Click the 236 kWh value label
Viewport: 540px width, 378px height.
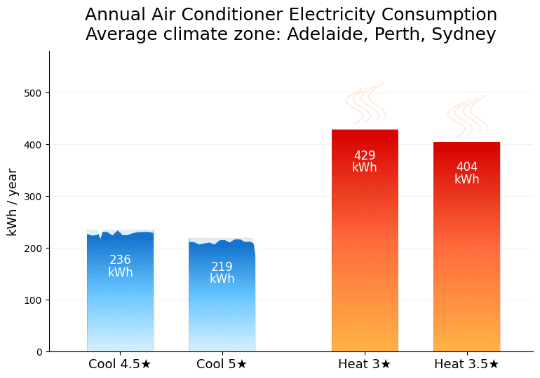(120, 266)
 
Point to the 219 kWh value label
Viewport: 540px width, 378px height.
(222, 273)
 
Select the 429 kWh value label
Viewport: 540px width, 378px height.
(365, 162)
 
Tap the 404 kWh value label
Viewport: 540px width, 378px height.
(466, 173)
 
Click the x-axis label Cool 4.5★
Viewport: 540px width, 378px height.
(120, 364)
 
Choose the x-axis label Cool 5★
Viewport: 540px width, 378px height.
(222, 364)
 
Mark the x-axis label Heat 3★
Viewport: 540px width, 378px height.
(365, 364)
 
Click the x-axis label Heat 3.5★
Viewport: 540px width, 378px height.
(466, 364)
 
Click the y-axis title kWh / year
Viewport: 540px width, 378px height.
(13, 202)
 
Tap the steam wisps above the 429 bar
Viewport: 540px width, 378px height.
(365, 104)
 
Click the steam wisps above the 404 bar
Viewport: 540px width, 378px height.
(467, 116)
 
